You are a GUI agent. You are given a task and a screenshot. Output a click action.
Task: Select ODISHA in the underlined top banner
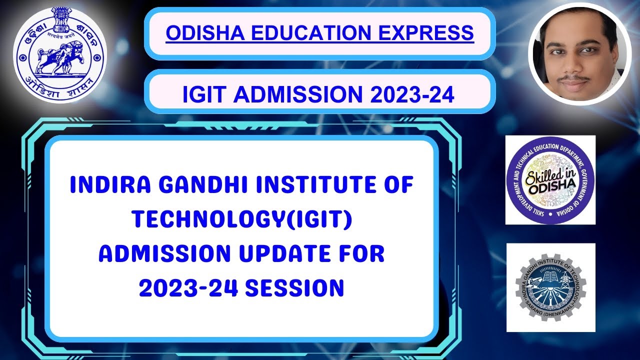click(195, 33)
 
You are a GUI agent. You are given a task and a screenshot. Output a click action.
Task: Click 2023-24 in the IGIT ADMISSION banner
click(412, 94)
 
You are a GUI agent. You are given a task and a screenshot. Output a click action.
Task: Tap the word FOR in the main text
click(363, 254)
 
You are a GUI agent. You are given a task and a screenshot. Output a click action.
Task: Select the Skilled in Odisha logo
click(550, 180)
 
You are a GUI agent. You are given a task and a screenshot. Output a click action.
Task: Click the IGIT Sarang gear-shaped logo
click(550, 287)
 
